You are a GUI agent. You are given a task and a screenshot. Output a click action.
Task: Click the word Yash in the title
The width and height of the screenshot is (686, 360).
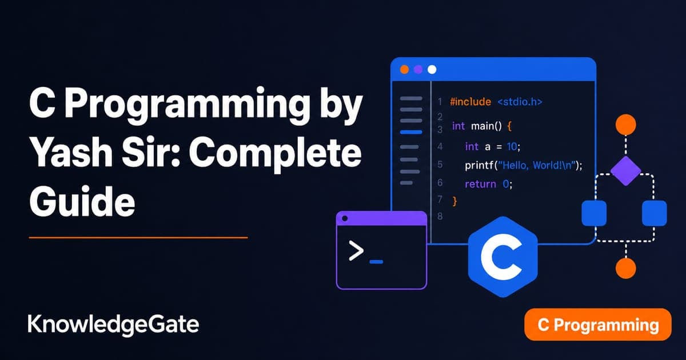[x=71, y=152]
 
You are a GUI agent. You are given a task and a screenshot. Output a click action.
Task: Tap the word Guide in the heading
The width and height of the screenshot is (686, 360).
[x=82, y=201]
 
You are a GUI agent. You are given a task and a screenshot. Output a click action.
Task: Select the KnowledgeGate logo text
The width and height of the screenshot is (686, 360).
[x=113, y=325]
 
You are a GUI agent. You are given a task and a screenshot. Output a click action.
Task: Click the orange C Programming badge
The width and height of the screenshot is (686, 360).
[x=598, y=325]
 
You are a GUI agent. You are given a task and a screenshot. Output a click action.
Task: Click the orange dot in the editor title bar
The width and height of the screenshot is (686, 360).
[x=405, y=70]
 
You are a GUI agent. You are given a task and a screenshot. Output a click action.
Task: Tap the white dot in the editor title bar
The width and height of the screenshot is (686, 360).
[x=432, y=70]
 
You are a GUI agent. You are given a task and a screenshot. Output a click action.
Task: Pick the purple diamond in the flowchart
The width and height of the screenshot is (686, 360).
[x=625, y=171]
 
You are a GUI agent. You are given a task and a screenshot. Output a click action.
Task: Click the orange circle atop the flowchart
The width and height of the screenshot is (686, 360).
[x=625, y=125]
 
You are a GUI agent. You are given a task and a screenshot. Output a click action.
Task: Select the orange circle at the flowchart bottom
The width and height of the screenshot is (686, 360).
[x=625, y=268]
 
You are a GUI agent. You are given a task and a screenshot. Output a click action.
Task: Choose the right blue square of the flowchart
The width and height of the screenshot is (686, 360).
[x=654, y=213]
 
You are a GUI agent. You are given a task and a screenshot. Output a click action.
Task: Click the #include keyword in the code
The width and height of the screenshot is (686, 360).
[x=470, y=102]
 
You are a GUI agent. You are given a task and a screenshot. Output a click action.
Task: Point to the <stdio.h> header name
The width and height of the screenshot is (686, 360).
[x=520, y=102]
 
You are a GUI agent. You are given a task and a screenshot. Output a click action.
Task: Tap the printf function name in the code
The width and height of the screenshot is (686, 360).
[x=479, y=166]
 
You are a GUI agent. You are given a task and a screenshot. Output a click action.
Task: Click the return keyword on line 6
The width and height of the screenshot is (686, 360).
[x=480, y=184]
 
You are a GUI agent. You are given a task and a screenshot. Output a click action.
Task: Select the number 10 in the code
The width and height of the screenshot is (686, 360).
[x=512, y=147]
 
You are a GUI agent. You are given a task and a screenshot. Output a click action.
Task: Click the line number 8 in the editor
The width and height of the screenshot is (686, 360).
[x=440, y=217]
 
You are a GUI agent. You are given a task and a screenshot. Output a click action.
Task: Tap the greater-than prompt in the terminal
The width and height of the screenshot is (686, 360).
[x=356, y=251]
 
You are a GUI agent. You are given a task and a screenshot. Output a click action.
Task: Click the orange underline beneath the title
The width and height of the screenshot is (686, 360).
[x=138, y=237]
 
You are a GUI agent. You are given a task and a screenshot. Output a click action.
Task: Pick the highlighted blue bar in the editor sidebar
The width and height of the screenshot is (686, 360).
[x=411, y=132]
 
